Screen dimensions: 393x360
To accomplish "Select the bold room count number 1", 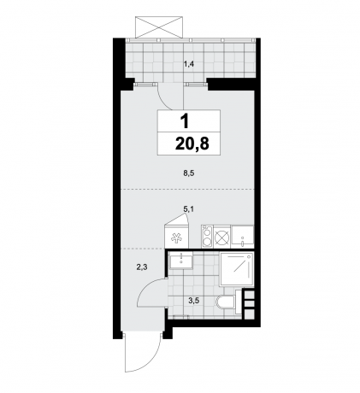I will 188,120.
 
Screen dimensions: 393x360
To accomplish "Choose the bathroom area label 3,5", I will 193,300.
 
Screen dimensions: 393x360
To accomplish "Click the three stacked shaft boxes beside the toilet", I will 249,302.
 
